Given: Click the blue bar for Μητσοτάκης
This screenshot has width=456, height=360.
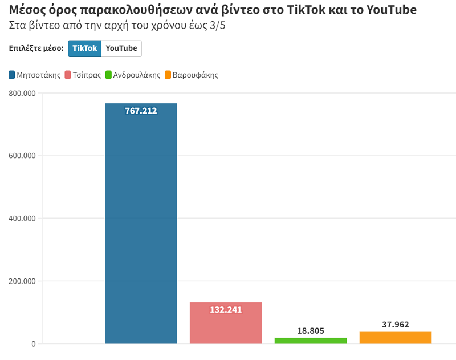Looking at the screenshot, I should pos(141,228).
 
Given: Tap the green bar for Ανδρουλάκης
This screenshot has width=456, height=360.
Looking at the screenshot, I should pos(311,341).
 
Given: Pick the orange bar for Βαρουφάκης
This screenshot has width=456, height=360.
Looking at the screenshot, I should pos(396,338).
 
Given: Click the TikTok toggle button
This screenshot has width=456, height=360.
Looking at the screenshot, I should pos(84,48).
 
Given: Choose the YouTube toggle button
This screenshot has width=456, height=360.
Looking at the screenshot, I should pos(121,48).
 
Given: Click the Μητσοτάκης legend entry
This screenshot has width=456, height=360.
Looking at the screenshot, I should pos(35,75).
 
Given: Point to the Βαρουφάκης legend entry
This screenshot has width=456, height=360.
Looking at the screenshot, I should pos(191,75).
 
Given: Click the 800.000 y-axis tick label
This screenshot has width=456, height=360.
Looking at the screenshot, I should pos(22,93).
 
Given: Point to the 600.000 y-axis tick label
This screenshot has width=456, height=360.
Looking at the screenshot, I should pos(22,156).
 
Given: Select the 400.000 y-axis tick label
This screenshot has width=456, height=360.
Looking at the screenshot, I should pos(22,219).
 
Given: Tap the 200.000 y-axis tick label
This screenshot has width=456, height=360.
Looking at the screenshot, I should pos(22,281).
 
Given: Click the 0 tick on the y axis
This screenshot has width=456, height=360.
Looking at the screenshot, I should pos(33,344).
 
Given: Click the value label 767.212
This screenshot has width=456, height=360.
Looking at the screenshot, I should pos(141,111).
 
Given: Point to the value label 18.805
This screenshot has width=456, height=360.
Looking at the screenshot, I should pos(311,331).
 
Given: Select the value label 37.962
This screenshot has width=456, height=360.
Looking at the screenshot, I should pos(396,325).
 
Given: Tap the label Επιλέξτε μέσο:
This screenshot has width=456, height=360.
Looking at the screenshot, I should pos(36,48).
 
